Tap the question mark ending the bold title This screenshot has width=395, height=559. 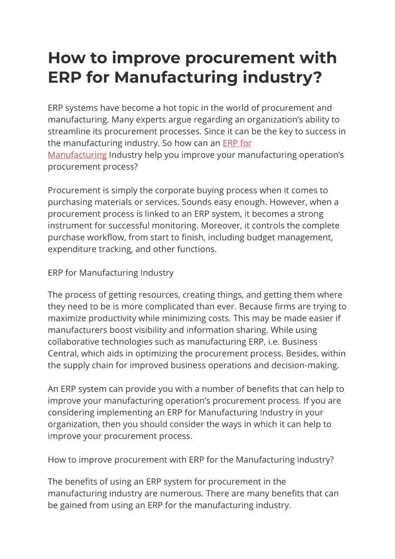(x=316, y=78)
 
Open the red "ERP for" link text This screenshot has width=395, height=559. (x=237, y=143)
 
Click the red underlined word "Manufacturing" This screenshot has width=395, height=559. (x=77, y=155)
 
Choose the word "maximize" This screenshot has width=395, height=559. (x=68, y=319)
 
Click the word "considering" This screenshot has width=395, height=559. (x=72, y=413)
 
